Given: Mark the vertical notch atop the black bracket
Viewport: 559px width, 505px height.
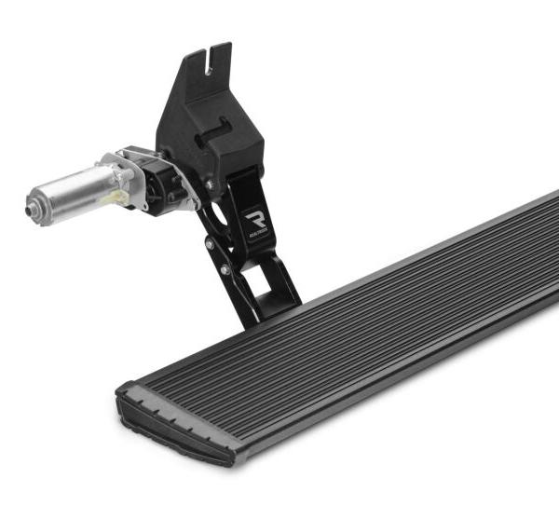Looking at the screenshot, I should (214, 56).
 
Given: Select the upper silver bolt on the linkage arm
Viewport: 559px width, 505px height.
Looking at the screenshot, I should (210, 244).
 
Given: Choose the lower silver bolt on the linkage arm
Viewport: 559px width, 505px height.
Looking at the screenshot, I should (224, 270).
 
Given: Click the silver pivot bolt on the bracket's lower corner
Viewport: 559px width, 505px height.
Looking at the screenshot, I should (209, 184).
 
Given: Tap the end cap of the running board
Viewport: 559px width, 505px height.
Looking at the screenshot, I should (172, 430).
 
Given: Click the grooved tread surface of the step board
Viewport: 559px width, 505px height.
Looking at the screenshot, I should (373, 326).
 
